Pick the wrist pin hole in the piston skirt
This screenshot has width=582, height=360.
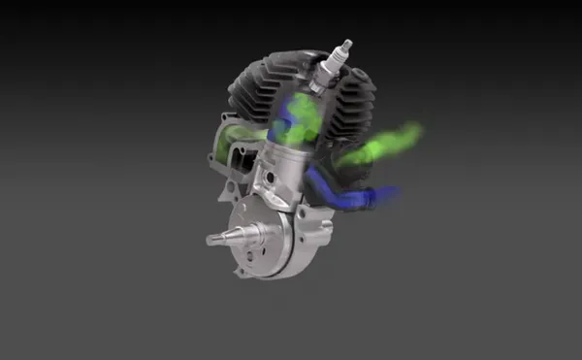[273, 180]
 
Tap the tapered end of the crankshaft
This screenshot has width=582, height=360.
[215, 236]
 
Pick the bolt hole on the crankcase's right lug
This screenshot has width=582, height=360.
[327, 230]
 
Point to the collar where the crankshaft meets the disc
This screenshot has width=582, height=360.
[242, 233]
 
